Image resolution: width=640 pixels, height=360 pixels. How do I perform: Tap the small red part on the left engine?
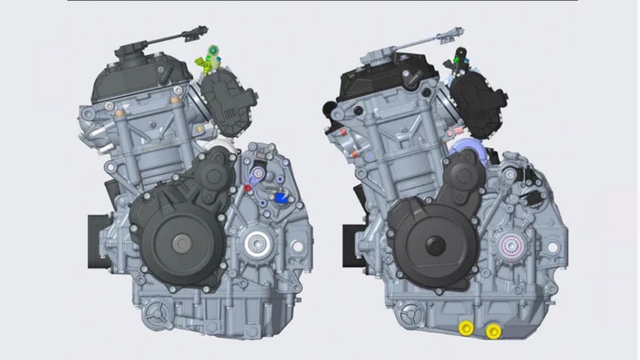(247, 188)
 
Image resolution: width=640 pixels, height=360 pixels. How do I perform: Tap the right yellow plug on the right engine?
(493, 332)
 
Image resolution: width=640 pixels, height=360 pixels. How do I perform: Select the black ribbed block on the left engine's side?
(99, 241)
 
